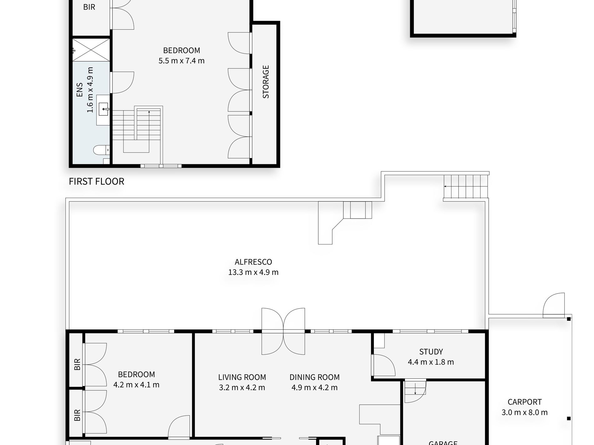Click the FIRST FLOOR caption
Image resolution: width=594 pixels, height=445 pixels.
click(97, 181)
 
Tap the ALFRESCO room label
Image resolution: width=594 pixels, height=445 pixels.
click(253, 262)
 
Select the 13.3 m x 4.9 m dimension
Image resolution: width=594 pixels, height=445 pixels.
click(253, 272)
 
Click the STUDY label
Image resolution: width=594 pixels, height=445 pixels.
click(431, 352)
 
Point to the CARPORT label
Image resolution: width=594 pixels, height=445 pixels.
click(525, 402)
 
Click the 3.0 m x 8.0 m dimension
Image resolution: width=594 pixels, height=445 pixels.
click(525, 413)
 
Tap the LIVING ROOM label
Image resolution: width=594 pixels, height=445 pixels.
click(242, 377)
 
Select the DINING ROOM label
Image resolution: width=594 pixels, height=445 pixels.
click(315, 377)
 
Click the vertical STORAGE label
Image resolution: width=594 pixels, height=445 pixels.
click(266, 82)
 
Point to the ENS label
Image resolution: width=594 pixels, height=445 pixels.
click(80, 90)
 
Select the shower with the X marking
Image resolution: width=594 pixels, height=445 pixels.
click(91, 50)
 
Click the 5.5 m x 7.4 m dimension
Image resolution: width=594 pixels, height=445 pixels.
click(181, 61)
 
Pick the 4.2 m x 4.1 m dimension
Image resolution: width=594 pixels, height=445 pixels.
click(136, 385)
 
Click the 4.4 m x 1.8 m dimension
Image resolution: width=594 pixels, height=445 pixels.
click(431, 362)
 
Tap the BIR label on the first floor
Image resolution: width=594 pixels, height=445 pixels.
click(89, 7)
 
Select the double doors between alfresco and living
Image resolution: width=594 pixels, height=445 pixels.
click(283, 331)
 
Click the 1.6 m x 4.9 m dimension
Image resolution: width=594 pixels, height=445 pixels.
click(90, 90)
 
